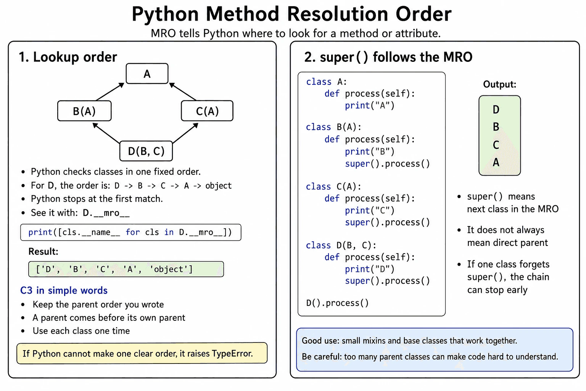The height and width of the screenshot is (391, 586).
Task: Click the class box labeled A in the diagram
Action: coord(147,74)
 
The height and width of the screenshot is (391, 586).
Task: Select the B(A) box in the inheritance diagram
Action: coord(84,111)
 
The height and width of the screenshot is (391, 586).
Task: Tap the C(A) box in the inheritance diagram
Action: coord(207,111)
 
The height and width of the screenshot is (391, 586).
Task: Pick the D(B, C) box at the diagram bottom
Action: coord(146,151)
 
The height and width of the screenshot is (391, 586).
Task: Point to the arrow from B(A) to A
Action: coord(110,92)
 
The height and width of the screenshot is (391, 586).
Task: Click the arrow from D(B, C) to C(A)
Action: coord(185,133)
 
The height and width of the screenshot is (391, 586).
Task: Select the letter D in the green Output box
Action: coord(496,110)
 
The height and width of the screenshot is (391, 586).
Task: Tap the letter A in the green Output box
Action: coord(496,162)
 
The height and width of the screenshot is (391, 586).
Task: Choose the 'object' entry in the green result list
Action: coord(171,269)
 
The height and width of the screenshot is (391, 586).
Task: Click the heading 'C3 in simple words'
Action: coord(64,291)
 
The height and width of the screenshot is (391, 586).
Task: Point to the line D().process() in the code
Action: coord(337,303)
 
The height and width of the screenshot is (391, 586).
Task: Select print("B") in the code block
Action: coord(369,151)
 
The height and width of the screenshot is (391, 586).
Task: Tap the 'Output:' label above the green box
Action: coord(500,84)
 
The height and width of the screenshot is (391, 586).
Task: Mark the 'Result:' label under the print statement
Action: coord(43,251)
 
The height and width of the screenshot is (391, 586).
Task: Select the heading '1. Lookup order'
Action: coord(68,57)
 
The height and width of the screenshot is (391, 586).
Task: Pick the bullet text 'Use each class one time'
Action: coord(81,331)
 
